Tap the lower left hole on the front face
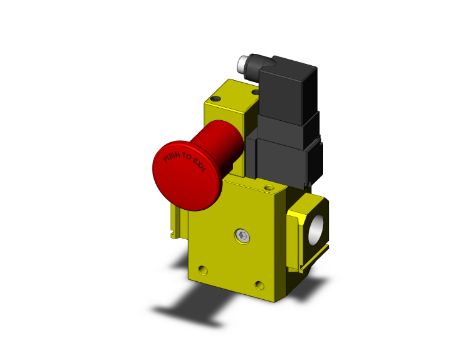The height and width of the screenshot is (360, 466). click(202, 270)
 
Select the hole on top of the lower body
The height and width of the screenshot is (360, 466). click(270, 187)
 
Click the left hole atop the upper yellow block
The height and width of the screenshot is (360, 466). click(217, 99)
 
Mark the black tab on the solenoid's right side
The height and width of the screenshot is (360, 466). click(323, 160)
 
